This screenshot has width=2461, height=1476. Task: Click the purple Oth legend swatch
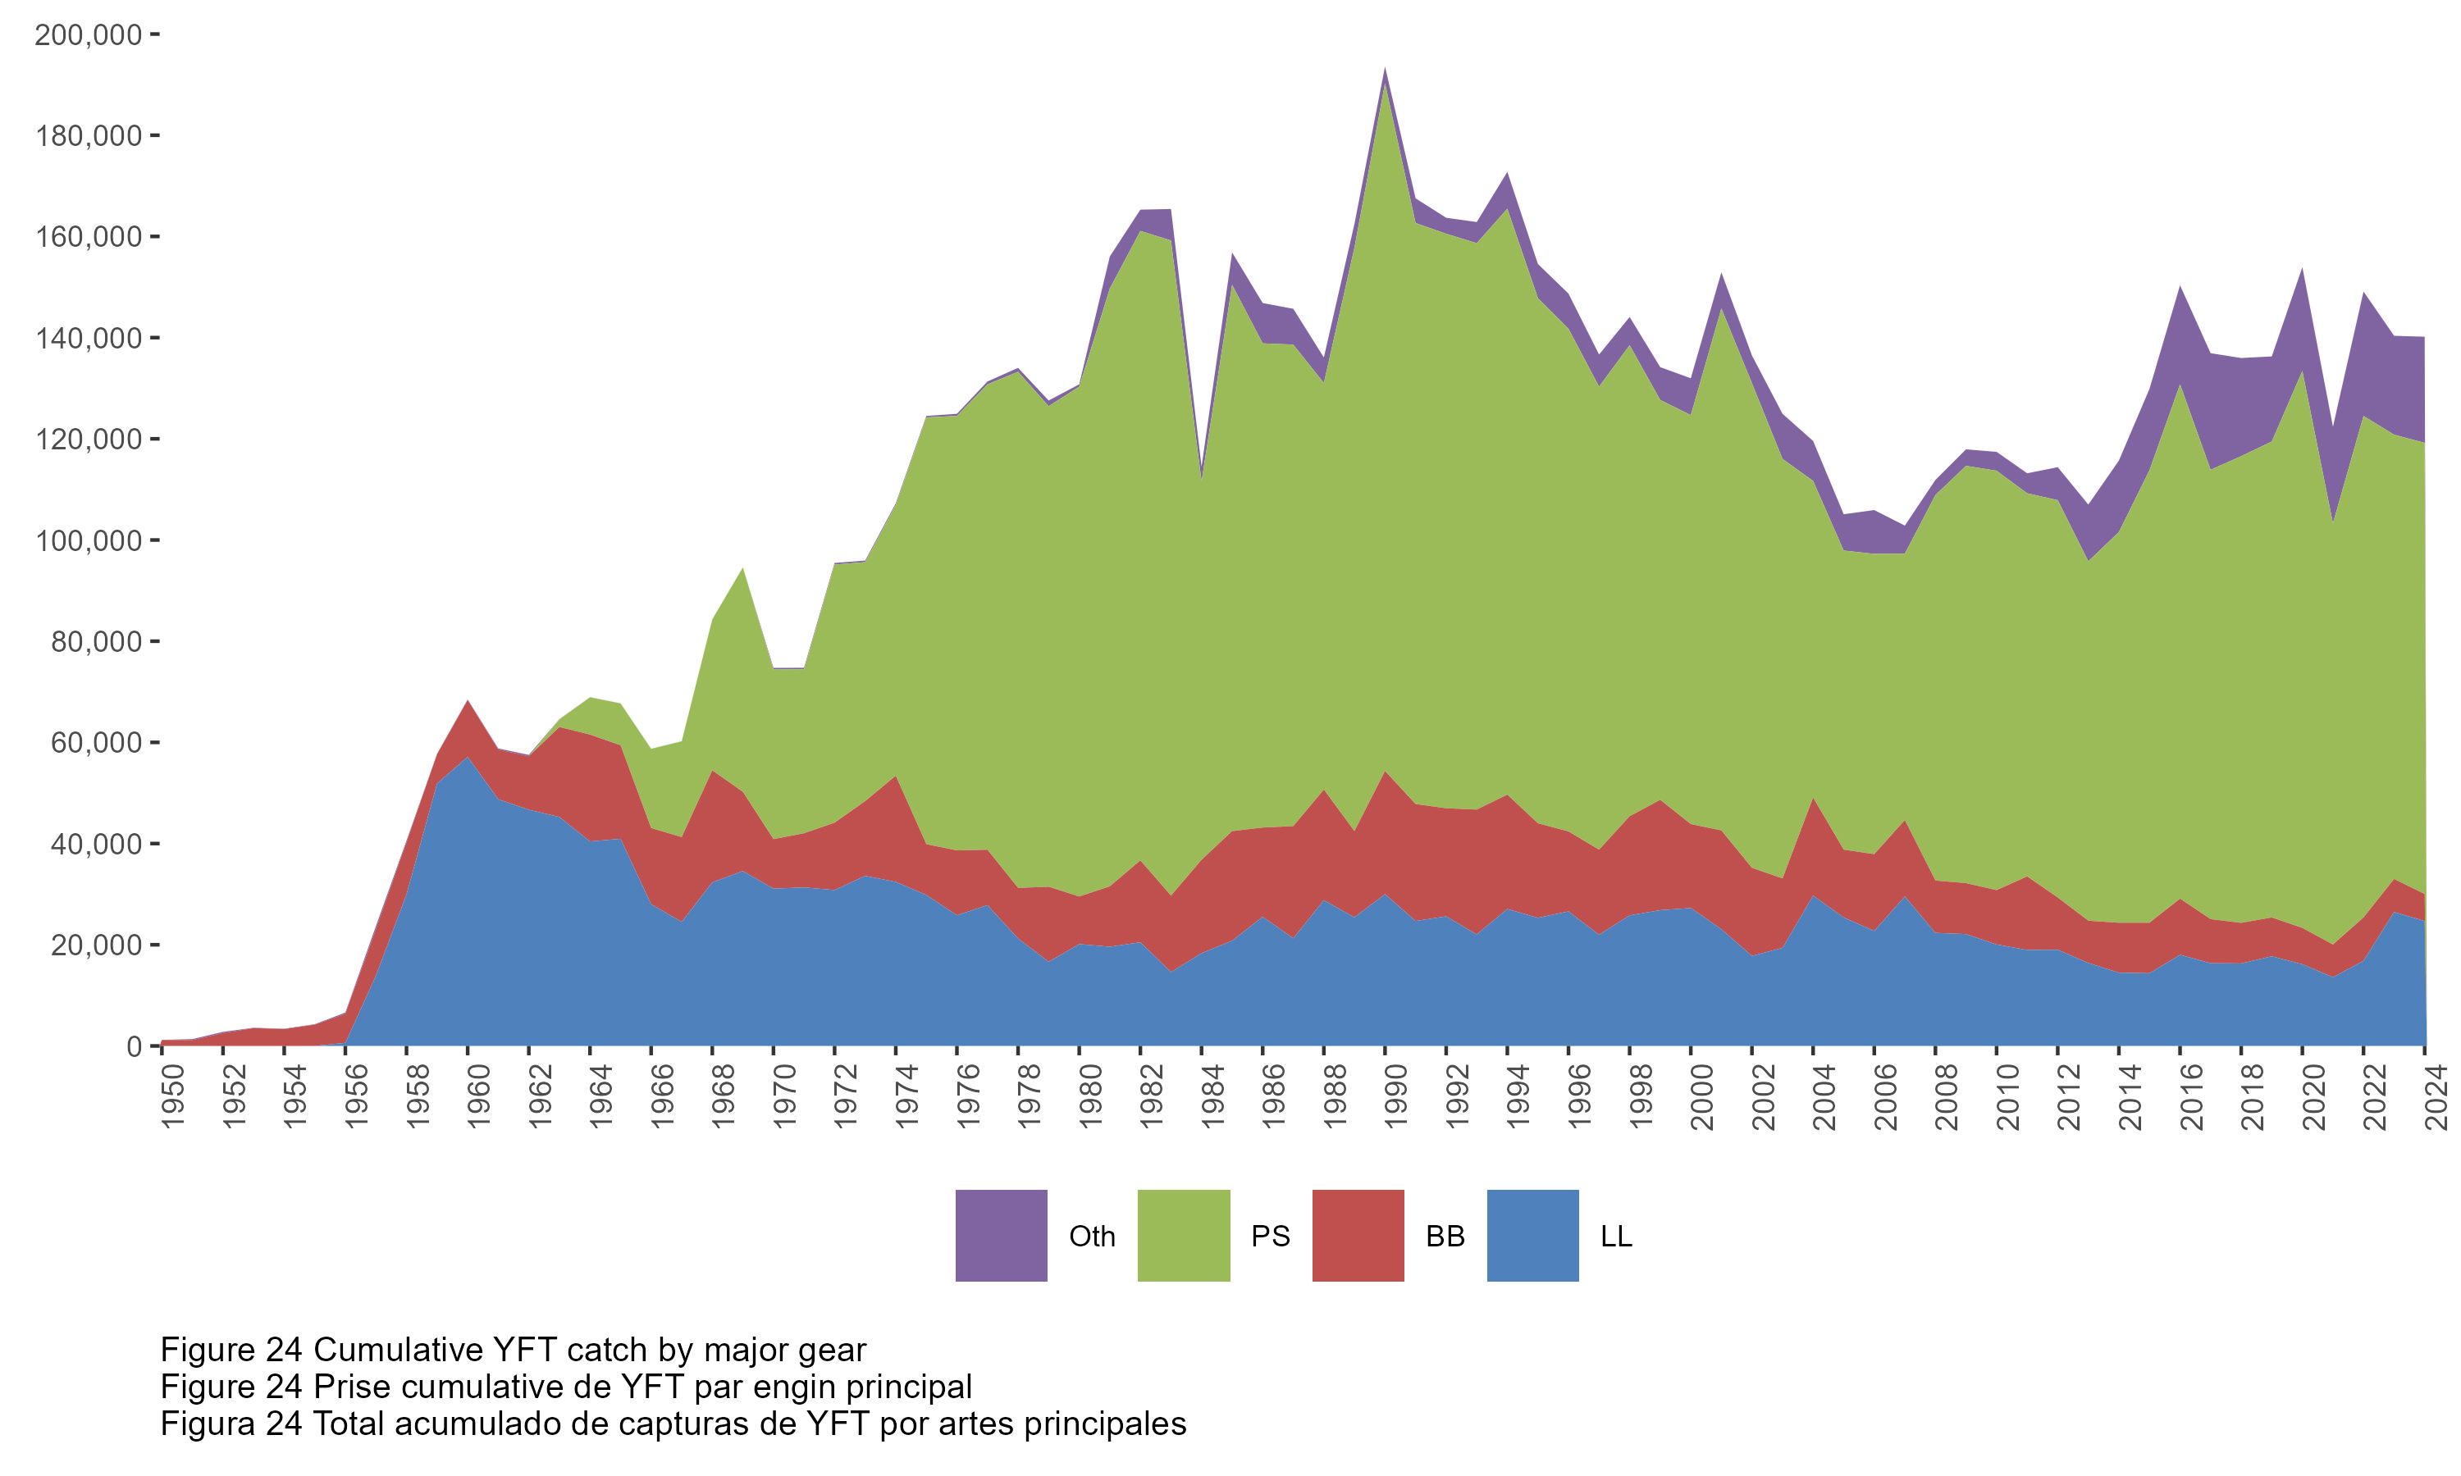[1001, 1235]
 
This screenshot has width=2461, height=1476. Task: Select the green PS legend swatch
[1183, 1235]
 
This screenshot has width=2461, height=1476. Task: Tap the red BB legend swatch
[1358, 1235]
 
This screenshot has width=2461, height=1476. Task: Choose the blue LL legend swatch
[1532, 1235]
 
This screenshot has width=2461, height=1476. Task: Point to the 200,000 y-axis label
[88, 34]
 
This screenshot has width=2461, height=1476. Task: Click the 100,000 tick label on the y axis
[88, 541]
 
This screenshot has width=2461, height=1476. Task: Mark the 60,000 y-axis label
[95, 743]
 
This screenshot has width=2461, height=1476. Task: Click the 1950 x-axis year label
[173, 1097]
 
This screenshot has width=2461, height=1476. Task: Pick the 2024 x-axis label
[2436, 1097]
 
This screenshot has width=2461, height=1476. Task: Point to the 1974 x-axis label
[906, 1097]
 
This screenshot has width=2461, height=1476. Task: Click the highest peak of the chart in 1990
[1385, 70]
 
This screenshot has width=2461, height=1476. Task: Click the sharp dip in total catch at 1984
[1202, 476]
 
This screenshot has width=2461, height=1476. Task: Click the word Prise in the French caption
[356, 1387]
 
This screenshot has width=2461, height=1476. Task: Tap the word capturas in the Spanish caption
[707, 1424]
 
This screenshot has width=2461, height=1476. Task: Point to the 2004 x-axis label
[1824, 1097]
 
